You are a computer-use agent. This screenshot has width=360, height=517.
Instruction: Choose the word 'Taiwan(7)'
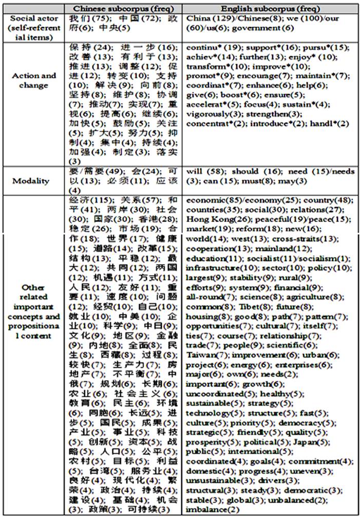coord(201,354)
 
